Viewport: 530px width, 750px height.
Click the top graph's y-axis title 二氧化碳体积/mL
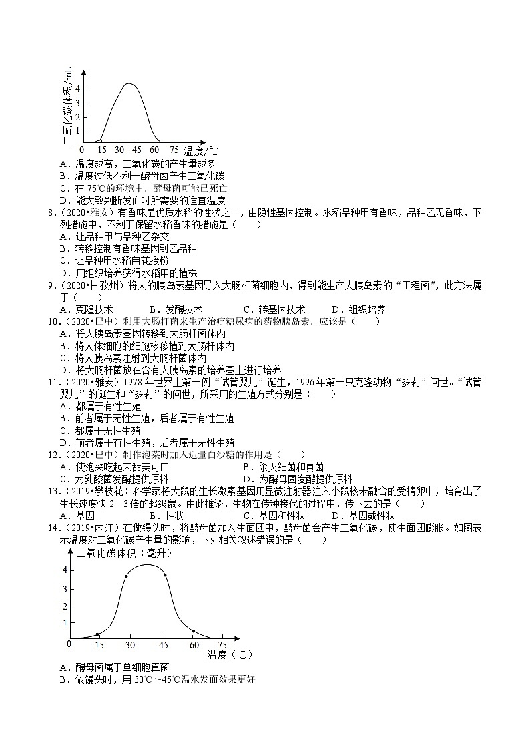point(67,107)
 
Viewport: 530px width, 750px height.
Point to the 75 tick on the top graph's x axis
point(174,149)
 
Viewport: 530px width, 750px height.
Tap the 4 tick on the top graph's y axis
point(77,89)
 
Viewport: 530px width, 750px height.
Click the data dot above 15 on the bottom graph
point(98,634)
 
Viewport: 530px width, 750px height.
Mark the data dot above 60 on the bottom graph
point(194,631)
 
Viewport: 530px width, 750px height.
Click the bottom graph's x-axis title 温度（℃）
point(229,654)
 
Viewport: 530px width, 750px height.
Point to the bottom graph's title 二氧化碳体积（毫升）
point(124,553)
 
